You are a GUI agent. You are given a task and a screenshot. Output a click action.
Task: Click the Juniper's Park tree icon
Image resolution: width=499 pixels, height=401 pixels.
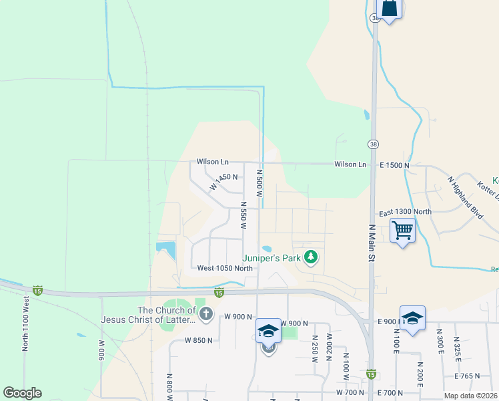click(310, 256)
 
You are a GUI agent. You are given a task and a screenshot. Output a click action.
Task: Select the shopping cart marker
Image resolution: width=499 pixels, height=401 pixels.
click(403, 231)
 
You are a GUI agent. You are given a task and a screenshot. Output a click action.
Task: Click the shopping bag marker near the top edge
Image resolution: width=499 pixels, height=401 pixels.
click(389, 8)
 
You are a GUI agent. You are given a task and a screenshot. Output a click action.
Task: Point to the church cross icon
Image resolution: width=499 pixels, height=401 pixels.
click(207, 313)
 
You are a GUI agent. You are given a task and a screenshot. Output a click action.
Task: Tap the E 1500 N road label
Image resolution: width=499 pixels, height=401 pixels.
click(394, 164)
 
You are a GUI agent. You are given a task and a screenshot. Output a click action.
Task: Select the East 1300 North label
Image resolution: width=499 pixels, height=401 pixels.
click(405, 212)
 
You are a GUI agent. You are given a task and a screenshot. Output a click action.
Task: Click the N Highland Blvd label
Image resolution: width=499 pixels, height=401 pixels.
click(464, 194)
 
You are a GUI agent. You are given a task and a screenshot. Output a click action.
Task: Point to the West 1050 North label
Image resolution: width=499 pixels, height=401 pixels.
click(225, 268)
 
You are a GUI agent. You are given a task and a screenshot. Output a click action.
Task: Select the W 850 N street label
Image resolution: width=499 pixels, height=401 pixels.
click(199, 340)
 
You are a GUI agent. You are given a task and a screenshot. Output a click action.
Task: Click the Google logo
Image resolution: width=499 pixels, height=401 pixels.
click(22, 393)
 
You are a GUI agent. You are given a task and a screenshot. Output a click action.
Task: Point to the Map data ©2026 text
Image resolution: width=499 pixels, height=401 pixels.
click(471, 396)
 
